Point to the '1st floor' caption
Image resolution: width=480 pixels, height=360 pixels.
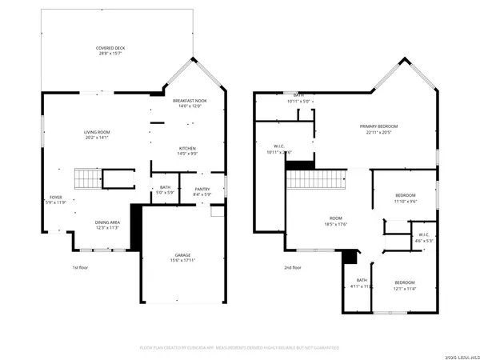click(x=81, y=267)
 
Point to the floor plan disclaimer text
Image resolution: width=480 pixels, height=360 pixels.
click(x=239, y=348)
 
